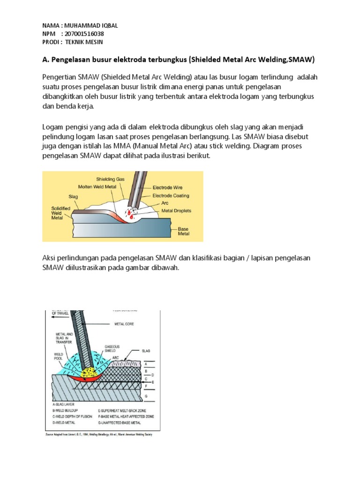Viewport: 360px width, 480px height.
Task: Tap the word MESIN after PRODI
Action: click(x=93, y=42)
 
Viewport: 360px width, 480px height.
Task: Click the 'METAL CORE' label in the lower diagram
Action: click(x=124, y=323)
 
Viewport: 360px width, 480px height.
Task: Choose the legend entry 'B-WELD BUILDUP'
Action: click(x=66, y=411)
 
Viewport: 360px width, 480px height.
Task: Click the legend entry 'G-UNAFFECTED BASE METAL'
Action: click(x=126, y=421)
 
